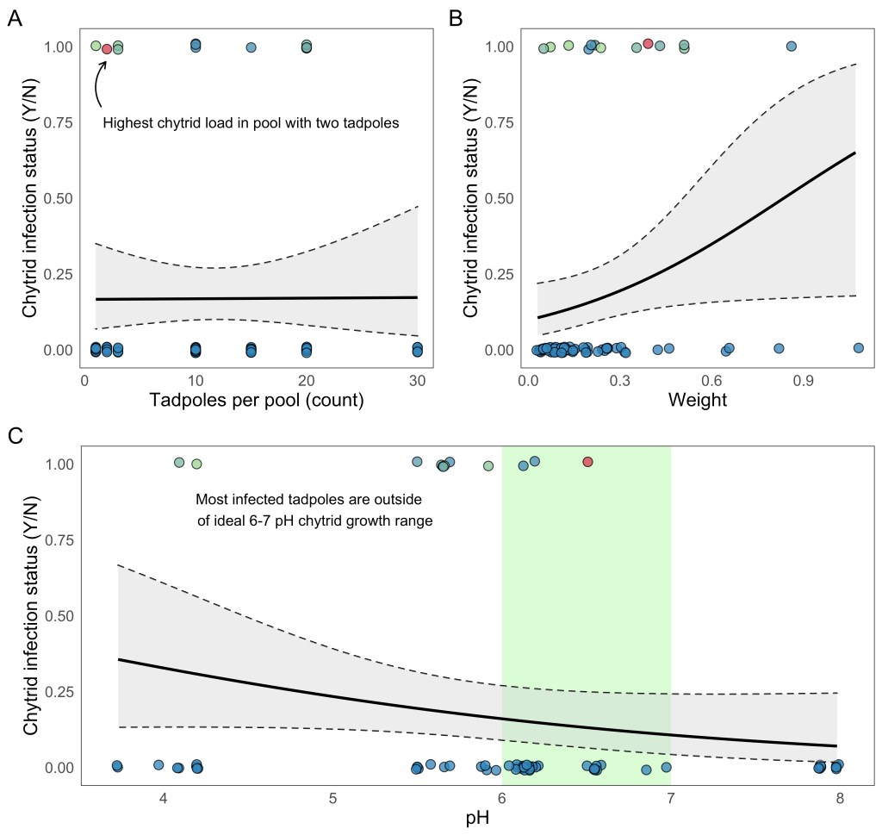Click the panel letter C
tap(15, 436)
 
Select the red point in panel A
tap(107, 49)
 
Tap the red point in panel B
tap(648, 44)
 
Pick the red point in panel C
tap(588, 462)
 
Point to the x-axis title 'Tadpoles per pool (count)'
tap(256, 400)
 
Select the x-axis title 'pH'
tap(477, 818)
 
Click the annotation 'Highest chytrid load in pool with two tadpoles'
tap(251, 123)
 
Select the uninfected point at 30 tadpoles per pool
tap(417, 349)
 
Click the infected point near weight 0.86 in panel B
tap(792, 46)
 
